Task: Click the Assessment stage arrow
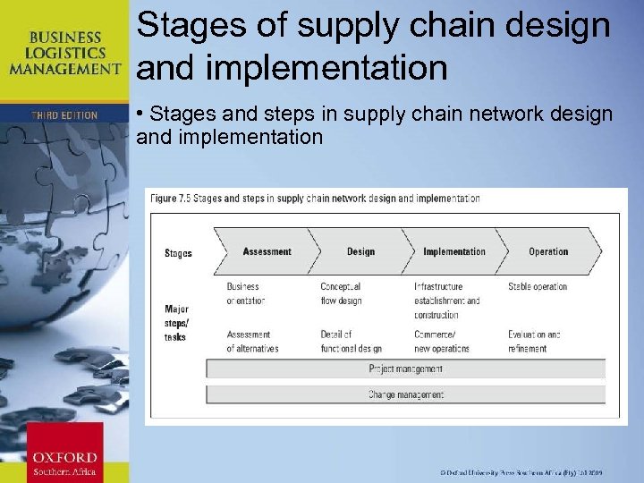[267, 251]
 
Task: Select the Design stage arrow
[360, 251]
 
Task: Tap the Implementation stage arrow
[453, 251]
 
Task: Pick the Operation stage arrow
[548, 251]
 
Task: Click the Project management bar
[405, 369]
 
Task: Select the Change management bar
[405, 394]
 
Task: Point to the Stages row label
[178, 253]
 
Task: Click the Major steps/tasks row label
[177, 323]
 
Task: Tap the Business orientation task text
[246, 293]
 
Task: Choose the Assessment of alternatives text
[252, 342]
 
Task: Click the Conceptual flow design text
[341, 293]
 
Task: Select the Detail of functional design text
[351, 342]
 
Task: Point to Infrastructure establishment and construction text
[446, 301]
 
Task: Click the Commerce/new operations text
[441, 342]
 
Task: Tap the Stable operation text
[538, 287]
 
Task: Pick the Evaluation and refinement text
[534, 342]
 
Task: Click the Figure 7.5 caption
[315, 199]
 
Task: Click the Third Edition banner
[64, 114]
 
